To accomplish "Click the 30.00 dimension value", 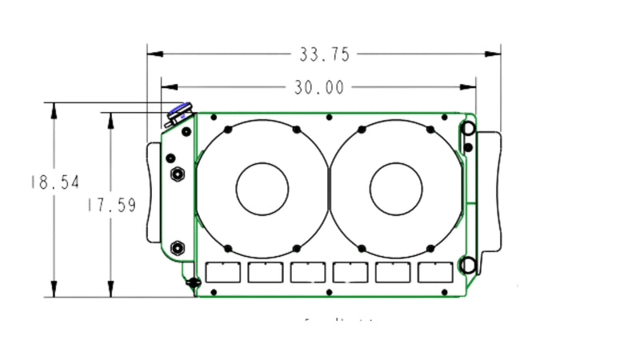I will [318, 87].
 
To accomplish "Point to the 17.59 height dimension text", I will [111, 205].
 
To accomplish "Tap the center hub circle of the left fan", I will [262, 189].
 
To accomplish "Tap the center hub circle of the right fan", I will [396, 189].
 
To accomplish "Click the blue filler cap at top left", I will [179, 112].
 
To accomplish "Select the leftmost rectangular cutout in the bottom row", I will [223, 273].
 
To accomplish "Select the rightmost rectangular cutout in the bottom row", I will [435, 273].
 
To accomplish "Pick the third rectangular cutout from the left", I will [308, 273].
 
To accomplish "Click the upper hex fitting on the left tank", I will [175, 173].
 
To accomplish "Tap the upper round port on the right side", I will [469, 130].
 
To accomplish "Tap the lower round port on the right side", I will [469, 264].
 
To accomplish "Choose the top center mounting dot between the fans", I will [330, 117].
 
